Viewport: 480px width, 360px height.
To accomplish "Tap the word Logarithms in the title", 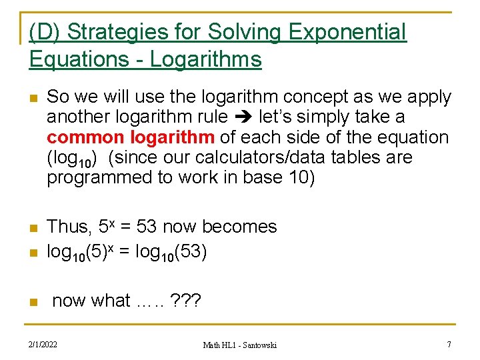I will tap(206, 60).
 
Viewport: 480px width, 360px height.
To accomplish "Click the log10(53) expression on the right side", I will tap(171, 253).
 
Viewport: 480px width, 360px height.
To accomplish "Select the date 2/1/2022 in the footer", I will tap(43, 345).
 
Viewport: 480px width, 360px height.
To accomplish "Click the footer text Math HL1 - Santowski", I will tap(240, 345).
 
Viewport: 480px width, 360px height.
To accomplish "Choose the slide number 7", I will tap(449, 344).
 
